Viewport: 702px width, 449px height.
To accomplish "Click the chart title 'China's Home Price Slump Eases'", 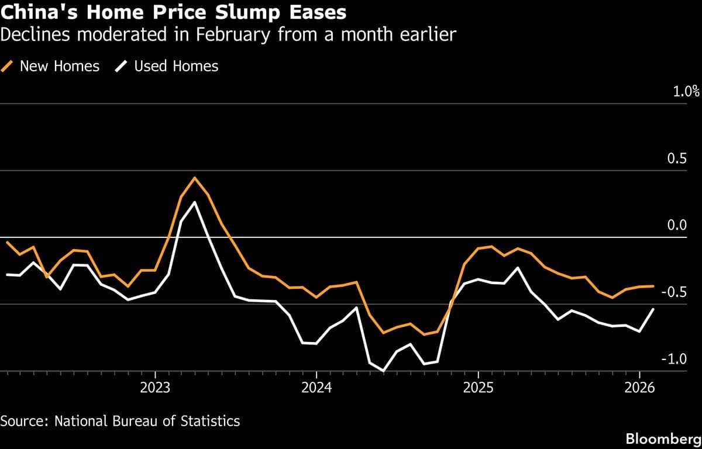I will coord(173,12).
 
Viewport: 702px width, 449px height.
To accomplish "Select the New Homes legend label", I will coord(59,67).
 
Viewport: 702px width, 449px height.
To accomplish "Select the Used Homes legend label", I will coord(176,67).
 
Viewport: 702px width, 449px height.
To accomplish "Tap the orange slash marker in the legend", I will coord(8,67).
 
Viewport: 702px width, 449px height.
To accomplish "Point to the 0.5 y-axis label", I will coord(690,158).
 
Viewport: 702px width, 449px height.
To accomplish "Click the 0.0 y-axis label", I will coord(690,225).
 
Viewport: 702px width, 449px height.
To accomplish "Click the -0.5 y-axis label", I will coord(687,292).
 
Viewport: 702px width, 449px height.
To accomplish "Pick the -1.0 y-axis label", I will coord(687,358).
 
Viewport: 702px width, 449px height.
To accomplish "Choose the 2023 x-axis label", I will coord(155,388).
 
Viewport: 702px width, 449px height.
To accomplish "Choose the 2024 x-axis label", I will coord(316,388).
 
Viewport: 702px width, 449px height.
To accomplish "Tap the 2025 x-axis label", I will coord(477,388).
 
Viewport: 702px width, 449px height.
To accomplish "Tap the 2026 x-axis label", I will coord(639,388).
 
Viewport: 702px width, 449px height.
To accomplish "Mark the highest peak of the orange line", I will coord(195,178).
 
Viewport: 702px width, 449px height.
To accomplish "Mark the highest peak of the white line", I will coord(195,202).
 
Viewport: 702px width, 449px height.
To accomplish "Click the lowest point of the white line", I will coord(383,371).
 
